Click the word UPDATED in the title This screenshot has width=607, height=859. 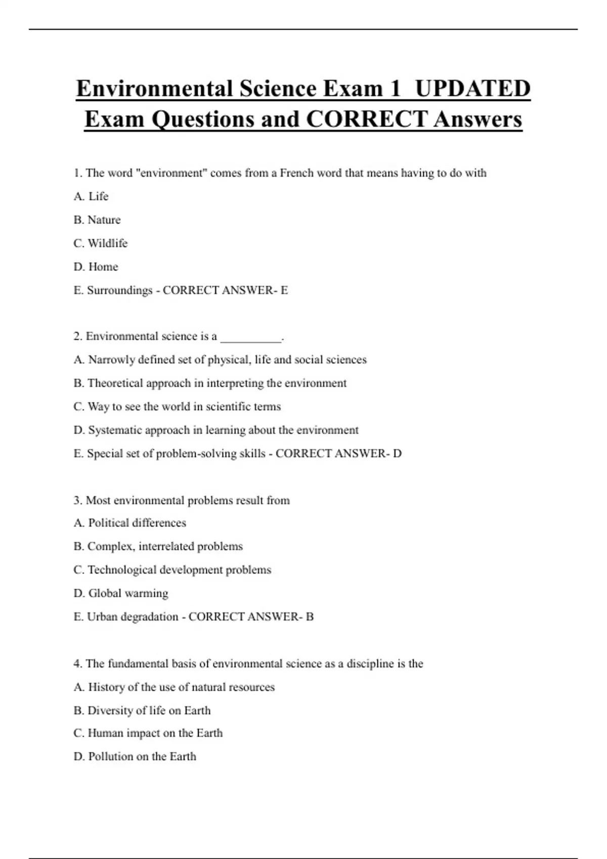[x=472, y=88]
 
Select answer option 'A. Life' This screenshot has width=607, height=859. [x=91, y=196]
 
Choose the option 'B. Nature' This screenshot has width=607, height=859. [x=97, y=220]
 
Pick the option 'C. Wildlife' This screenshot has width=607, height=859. [x=101, y=243]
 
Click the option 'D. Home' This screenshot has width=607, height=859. [x=96, y=266]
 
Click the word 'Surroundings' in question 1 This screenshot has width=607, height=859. [x=119, y=290]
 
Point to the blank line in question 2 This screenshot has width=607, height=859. [x=251, y=337]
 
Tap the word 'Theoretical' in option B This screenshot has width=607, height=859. [x=115, y=383]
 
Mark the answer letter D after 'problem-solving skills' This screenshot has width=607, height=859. [x=397, y=453]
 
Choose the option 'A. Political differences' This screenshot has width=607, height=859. [x=130, y=522]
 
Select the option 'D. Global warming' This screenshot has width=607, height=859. [x=121, y=593]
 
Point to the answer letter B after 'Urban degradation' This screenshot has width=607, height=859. [x=310, y=616]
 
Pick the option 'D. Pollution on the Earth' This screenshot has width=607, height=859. [x=135, y=756]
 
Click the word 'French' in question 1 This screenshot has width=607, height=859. [x=297, y=173]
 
